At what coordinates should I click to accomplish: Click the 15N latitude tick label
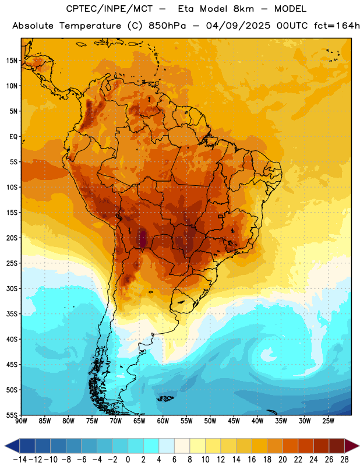coord(11,61)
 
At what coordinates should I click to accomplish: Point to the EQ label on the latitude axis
coord(13,137)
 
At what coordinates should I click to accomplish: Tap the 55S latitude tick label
coord(11,415)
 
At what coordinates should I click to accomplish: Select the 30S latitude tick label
coord(11,288)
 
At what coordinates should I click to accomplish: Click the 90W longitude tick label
coord(21,421)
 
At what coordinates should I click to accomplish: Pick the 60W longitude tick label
coord(163,421)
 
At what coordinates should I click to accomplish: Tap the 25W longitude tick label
coord(328,421)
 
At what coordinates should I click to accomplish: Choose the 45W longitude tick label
coord(234,421)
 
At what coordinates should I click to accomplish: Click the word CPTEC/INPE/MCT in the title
coord(109,9)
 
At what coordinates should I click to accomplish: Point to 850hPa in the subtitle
coord(167,26)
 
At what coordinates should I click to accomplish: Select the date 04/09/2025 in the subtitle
coord(238,26)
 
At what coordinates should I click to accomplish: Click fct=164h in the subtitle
coord(337,26)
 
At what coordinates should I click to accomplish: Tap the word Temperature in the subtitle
coord(90,26)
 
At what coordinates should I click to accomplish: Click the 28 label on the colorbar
coord(344,460)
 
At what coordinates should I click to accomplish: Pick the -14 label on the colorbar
coord(20,460)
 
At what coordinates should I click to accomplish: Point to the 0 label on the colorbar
coord(128,460)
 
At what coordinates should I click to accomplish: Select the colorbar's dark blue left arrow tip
coord(5,446)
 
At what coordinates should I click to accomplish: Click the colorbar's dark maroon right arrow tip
coord(359,446)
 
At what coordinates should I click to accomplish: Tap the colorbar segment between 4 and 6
coord(167,446)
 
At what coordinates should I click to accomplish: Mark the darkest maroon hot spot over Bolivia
coord(143,239)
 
